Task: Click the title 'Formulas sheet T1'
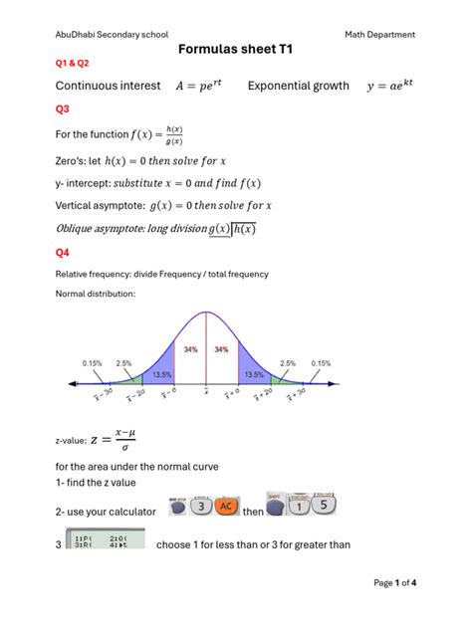pos(235,49)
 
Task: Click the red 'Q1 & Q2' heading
pos(72,63)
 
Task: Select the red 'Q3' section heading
pos(63,108)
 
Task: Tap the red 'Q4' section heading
pos(63,253)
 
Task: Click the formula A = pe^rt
pos(199,87)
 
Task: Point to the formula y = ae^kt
pos(389,87)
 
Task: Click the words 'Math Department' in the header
pos(380,35)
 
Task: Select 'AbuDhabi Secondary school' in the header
pos(113,35)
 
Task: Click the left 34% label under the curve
pos(190,350)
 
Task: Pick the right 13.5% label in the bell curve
pos(252,376)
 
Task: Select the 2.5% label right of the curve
pos(289,363)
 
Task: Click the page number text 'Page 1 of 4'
pos(394,582)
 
